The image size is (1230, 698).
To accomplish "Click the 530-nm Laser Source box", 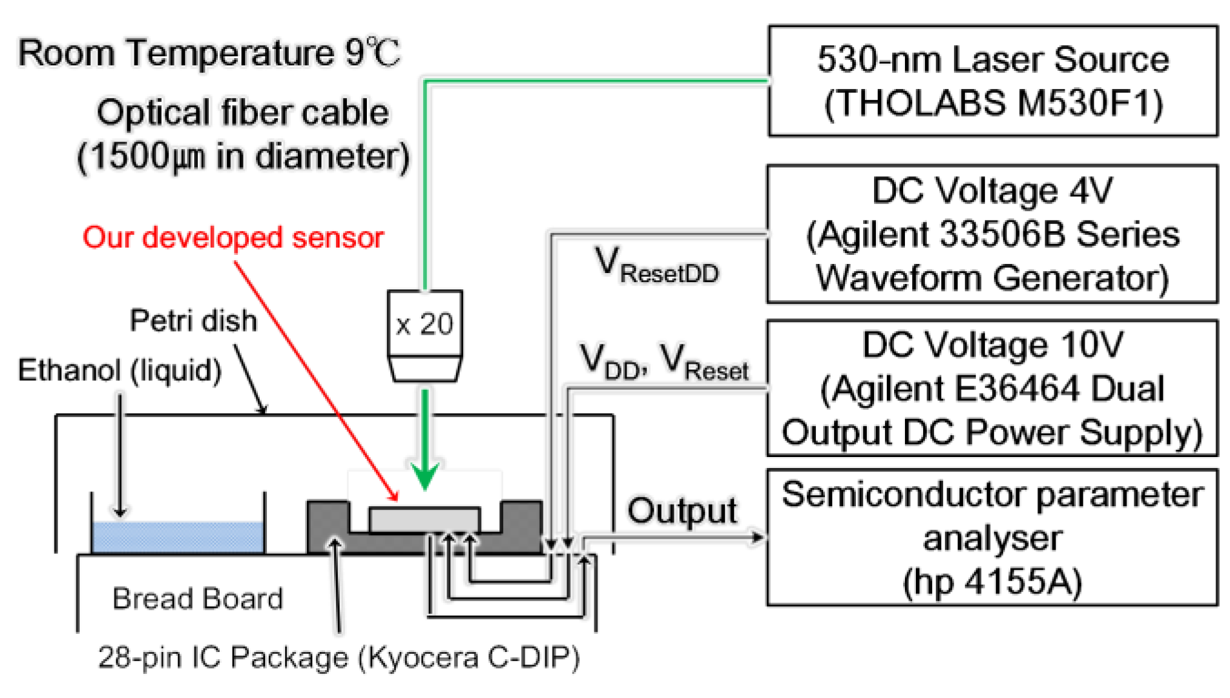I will point(992,81).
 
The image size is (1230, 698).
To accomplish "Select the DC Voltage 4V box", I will point(992,234).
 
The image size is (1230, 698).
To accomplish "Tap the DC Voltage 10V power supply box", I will point(992,387).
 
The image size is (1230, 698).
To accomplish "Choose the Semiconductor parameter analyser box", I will point(992,538).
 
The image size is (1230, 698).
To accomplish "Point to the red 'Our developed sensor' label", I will point(233,237).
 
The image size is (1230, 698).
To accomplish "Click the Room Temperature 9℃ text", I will point(209,53).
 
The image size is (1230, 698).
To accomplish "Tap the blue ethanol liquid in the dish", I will point(177,536).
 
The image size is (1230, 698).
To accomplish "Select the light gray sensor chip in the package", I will point(424,520).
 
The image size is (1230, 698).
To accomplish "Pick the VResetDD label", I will point(657,266).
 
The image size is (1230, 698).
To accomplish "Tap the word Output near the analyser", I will point(682,510).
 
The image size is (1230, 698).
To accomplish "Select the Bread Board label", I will point(197,599).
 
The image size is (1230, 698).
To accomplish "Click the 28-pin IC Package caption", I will point(339,657).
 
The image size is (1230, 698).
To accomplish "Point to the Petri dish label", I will point(193,320).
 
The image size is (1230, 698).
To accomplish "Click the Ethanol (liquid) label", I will point(120,370).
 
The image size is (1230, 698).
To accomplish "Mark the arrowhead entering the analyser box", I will point(757,536).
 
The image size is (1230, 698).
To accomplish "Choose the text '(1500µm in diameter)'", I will point(243,157).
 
